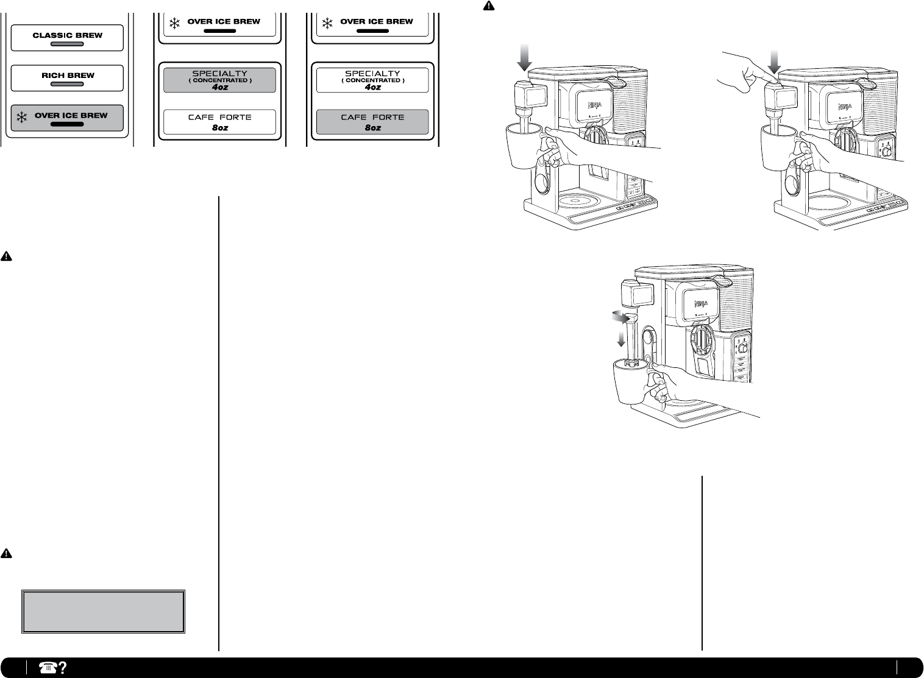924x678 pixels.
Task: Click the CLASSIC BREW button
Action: click(x=67, y=38)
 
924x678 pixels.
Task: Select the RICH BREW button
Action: click(x=67, y=78)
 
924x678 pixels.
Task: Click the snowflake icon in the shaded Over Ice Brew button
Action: click(x=22, y=117)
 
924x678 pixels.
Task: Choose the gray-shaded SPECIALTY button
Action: click(x=219, y=80)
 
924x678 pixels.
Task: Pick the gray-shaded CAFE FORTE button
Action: click(x=372, y=122)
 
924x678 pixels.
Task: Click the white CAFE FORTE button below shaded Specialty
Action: click(x=219, y=122)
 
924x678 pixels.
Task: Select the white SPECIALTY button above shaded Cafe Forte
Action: click(x=372, y=80)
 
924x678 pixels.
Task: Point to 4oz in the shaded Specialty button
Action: click(x=219, y=87)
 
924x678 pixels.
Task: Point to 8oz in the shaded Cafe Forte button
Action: click(x=372, y=128)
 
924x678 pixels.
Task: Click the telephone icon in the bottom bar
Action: click(x=46, y=667)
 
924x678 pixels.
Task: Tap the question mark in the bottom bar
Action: click(x=61, y=667)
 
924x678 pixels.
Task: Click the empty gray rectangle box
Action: click(x=104, y=611)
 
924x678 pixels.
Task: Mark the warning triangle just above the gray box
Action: click(x=6, y=554)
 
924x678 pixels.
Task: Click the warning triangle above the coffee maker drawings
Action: click(x=489, y=6)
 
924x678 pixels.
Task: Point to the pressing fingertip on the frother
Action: click(x=772, y=78)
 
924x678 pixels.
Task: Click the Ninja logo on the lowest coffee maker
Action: click(x=697, y=302)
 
